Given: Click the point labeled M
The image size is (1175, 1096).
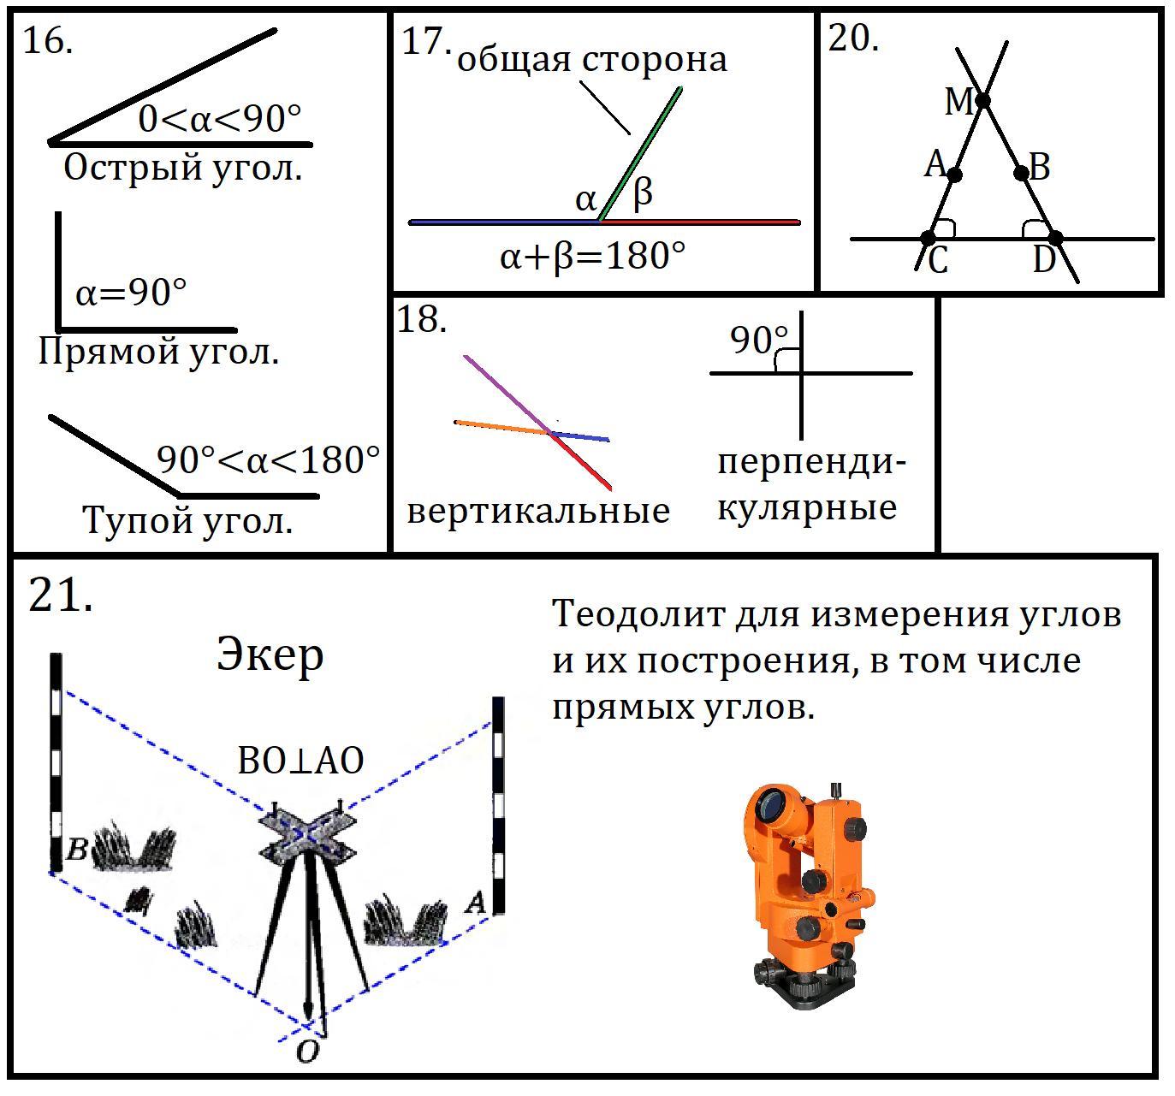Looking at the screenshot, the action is [x=982, y=101].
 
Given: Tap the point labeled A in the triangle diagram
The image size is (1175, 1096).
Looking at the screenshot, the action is [x=954, y=175].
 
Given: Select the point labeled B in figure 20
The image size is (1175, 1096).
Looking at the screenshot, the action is [x=1022, y=174].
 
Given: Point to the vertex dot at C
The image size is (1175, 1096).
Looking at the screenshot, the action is [x=929, y=239].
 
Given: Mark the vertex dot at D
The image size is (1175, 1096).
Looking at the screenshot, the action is [x=1055, y=239].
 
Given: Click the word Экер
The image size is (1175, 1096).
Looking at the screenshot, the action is [x=270, y=655].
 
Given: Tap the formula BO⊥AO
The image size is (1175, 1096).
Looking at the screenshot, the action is [x=300, y=761].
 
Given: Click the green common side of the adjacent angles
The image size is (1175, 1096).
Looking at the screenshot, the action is [x=640, y=155].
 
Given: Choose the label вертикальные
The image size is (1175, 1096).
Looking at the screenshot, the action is [x=538, y=512].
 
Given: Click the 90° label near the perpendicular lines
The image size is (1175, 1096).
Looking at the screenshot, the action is [x=759, y=341].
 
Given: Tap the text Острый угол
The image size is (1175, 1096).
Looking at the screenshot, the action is [x=183, y=169].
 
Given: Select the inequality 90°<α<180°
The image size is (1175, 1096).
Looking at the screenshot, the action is [x=268, y=459].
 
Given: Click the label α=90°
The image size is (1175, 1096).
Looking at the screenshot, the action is [x=131, y=293].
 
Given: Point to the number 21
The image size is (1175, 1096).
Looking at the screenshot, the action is [x=61, y=595].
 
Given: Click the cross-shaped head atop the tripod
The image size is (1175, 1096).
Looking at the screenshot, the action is [x=307, y=836].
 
